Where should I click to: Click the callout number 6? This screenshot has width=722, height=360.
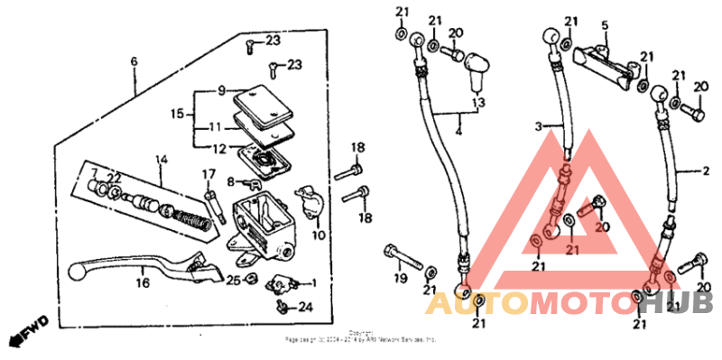coord(134,61)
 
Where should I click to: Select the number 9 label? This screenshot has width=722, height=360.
coord(219,90)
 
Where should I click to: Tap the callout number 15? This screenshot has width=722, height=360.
coord(177,114)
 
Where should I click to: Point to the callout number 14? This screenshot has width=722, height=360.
coord(162,160)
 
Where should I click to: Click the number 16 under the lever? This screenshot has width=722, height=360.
coord(142,282)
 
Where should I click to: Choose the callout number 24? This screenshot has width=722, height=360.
coord(305,307)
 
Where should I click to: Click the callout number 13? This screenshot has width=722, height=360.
coord(477,100)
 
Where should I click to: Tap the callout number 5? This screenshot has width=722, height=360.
coord(606,24)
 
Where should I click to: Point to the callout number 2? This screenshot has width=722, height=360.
coord(707,170)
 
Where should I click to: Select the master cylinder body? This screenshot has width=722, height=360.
coord(262,221)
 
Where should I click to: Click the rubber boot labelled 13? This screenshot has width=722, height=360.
coord(476,69)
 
